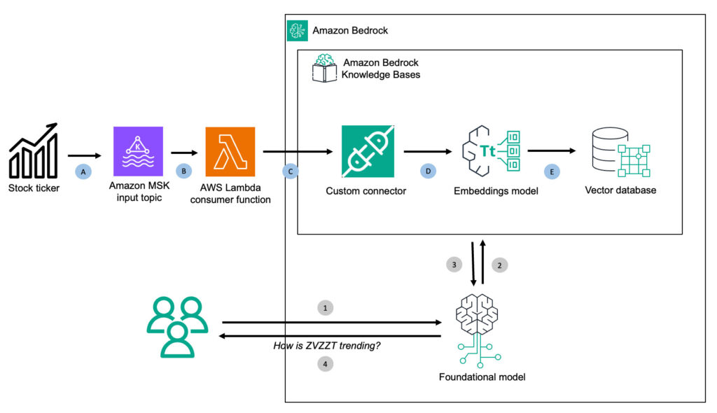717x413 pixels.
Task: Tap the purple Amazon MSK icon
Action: pyautogui.click(x=138, y=150)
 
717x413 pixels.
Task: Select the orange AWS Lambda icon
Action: pyautogui.click(x=230, y=151)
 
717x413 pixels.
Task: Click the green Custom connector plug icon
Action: pyautogui.click(x=368, y=151)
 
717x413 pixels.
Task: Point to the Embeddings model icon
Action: pyautogui.click(x=491, y=151)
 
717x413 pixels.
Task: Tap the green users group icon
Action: pyautogui.click(x=177, y=327)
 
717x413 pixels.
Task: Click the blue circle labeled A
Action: pyautogui.click(x=84, y=171)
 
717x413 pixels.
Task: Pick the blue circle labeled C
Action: pyautogui.click(x=289, y=171)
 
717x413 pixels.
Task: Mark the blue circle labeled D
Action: pyautogui.click(x=428, y=171)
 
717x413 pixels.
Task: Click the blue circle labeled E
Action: pyautogui.click(x=552, y=171)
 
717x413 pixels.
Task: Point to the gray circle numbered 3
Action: pyautogui.click(x=453, y=265)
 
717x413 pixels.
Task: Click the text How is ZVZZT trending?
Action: pyautogui.click(x=327, y=345)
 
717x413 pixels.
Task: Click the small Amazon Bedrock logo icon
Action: pyautogui.click(x=298, y=31)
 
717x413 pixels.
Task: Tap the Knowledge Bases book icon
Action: pyautogui.click(x=324, y=69)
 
